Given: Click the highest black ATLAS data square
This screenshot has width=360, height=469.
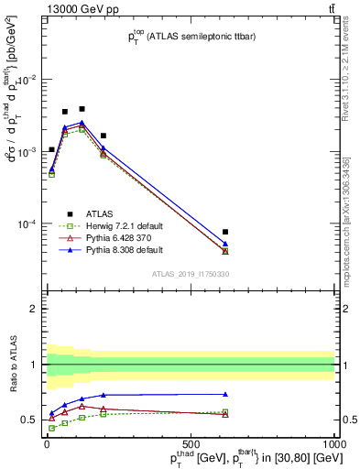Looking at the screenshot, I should tap(82, 109).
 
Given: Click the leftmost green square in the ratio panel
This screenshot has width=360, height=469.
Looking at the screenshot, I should tap(51, 428).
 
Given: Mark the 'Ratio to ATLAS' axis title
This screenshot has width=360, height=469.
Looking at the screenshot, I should tap(14, 363).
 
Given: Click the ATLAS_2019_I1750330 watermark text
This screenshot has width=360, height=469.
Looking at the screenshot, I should tap(191, 274).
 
